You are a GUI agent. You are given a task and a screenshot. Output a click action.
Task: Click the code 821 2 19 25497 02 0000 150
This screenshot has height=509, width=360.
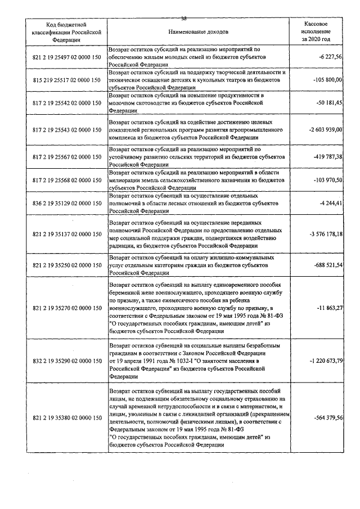[x=66, y=57]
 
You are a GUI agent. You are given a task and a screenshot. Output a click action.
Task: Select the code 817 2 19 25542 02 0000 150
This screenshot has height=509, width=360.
[x=66, y=103]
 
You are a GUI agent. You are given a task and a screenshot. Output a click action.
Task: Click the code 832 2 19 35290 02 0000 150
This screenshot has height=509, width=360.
[x=66, y=359]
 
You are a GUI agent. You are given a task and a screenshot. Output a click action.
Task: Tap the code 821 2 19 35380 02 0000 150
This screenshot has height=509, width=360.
[x=66, y=418]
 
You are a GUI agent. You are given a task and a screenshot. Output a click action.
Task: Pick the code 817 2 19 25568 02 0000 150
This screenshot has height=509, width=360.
[x=66, y=180]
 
